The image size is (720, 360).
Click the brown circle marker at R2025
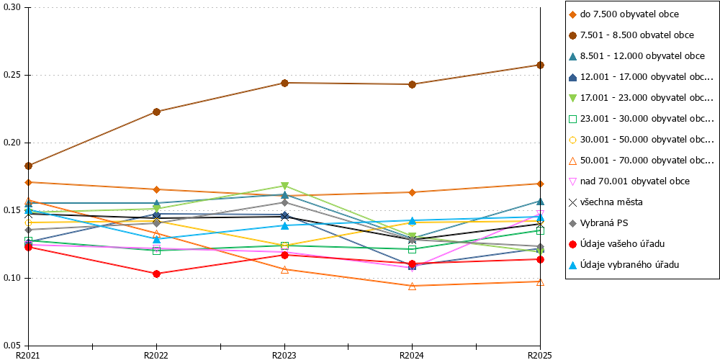(541, 65)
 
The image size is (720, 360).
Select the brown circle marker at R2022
(156, 112)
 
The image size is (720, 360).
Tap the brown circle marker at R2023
(284, 83)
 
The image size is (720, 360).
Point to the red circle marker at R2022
(156, 274)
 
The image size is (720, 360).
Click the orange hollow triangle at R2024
(413, 286)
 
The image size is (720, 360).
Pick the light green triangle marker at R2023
(284, 186)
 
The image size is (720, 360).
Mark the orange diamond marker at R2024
(413, 192)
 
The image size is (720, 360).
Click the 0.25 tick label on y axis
(13, 76)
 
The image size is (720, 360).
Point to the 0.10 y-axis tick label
(13, 278)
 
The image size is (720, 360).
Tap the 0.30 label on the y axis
(13, 8)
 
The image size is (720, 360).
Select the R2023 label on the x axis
(284, 355)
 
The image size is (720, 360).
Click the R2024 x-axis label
(412, 355)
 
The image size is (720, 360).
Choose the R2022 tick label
(156, 355)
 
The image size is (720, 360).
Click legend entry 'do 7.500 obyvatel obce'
(624, 14)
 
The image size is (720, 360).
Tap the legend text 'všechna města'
(606, 202)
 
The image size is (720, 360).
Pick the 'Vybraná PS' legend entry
(598, 222)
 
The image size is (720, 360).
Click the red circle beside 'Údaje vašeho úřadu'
(572, 243)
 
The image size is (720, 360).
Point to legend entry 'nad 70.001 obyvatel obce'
(629, 181)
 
